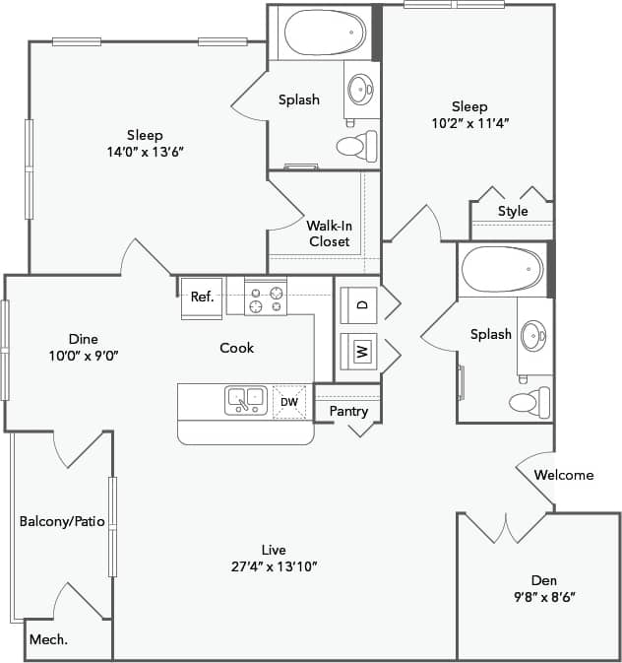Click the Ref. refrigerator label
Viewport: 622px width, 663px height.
coord(202,297)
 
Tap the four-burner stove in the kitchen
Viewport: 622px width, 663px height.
coord(266,297)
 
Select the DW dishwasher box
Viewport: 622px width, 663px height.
coord(289,401)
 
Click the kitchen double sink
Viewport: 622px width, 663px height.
coord(246,399)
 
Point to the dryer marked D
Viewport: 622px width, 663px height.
coord(361,305)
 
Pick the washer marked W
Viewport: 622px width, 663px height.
coord(361,349)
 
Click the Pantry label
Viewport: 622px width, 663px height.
coord(348,411)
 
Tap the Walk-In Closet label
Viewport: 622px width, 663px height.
coord(329,232)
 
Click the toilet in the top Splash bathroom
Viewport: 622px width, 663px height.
coord(353,147)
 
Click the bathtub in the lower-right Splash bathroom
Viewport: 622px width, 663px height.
coord(502,269)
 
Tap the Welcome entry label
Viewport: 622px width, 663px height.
coord(564,475)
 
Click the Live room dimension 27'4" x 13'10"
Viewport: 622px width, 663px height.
coord(274,565)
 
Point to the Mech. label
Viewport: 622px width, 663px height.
coord(47,640)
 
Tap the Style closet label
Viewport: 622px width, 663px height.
coord(513,211)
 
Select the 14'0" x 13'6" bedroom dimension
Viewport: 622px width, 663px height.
coord(145,152)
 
